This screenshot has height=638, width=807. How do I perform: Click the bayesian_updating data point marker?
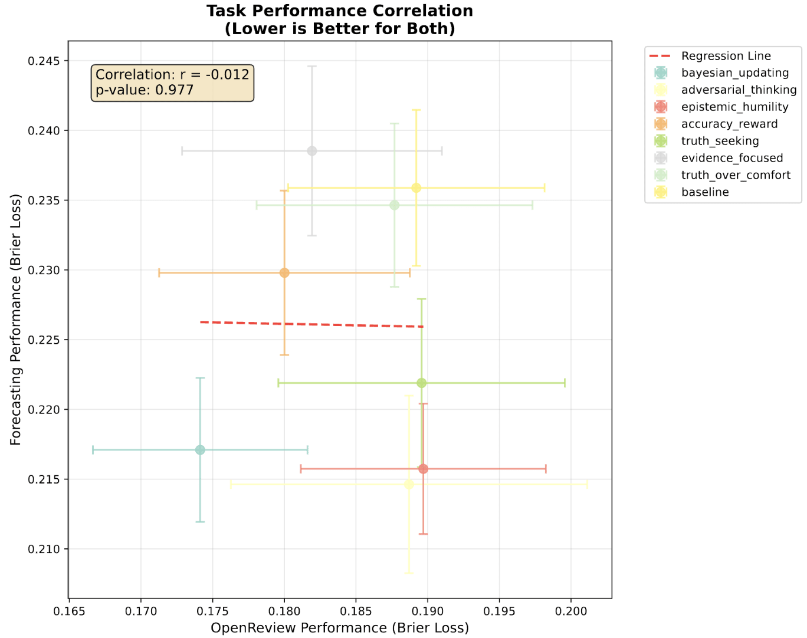200,450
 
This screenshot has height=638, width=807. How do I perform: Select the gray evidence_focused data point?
312,151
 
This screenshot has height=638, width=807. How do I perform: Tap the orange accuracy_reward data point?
284,273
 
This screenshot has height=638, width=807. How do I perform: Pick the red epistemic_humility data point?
423,469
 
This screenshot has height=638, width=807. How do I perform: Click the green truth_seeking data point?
422,383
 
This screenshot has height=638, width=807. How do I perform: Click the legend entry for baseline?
705,192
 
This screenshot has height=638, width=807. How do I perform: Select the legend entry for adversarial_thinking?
739,90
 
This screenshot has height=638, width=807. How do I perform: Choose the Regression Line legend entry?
726,56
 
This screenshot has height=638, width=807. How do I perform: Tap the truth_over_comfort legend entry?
736,175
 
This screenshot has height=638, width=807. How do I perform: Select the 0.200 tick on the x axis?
571,611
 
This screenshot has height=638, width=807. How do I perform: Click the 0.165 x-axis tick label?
70,611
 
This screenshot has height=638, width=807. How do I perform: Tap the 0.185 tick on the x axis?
356,611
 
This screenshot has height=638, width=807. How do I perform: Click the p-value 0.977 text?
145,90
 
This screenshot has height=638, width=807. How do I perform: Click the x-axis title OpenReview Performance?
340,628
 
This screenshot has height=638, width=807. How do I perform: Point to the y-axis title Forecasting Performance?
16,320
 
